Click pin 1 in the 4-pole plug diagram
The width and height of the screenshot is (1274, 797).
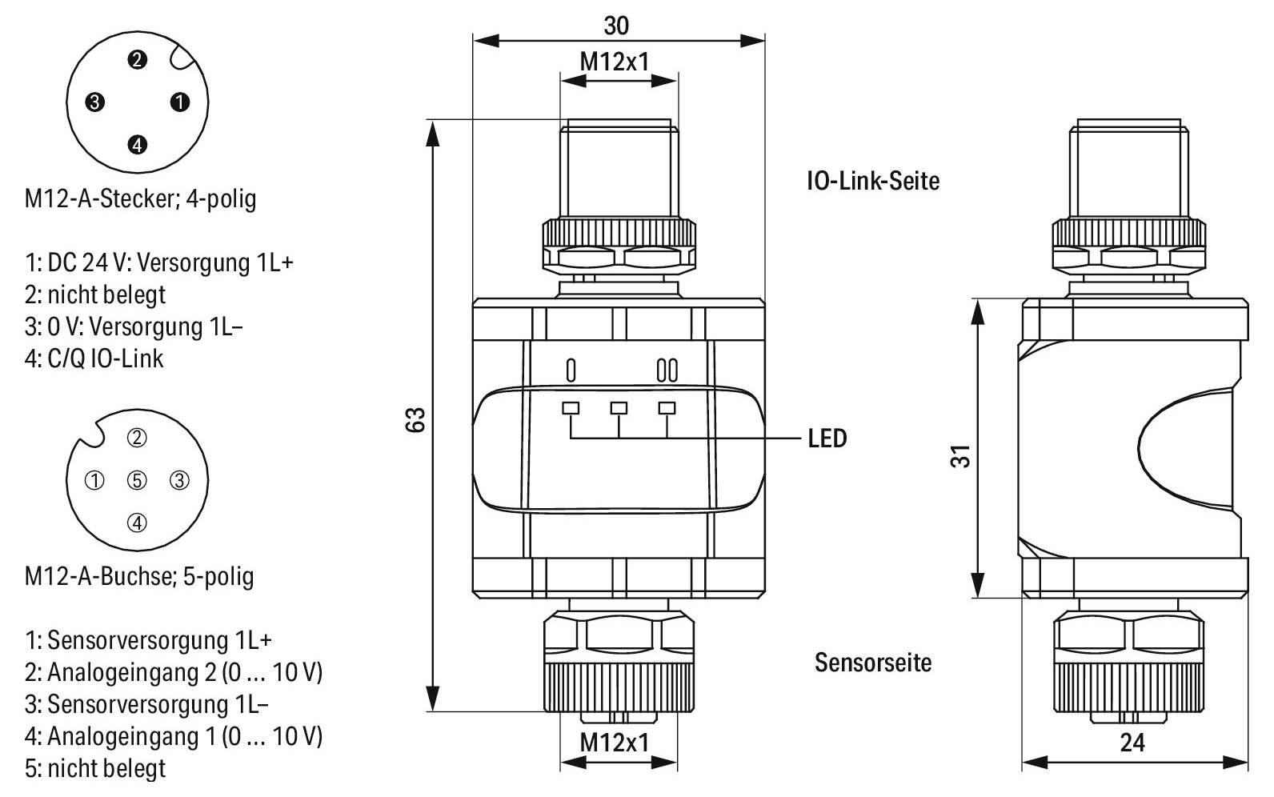180,102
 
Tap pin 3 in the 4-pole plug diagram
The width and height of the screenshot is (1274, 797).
95,102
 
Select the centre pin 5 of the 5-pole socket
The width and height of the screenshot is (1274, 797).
138,480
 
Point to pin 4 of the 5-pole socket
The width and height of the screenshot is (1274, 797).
138,523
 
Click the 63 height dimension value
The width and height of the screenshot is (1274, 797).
415,419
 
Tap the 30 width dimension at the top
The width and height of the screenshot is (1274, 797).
616,26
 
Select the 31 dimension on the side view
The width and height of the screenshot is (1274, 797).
964,456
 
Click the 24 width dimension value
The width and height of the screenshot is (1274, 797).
1132,743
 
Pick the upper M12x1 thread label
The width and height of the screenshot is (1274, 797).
614,62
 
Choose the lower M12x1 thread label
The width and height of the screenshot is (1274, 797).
614,743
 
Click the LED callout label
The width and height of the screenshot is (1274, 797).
827,439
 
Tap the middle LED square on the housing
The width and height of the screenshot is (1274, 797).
619,408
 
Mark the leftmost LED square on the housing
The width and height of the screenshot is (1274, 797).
571,408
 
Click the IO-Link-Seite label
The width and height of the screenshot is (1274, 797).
872,180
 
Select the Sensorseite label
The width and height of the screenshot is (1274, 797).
872,663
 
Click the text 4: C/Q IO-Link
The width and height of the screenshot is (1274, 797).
94,358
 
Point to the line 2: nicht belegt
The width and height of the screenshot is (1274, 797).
95,294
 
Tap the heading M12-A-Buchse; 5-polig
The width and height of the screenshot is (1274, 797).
139,576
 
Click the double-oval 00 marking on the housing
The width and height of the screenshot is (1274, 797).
667,370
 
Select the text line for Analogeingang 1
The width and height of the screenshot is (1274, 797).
173,735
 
